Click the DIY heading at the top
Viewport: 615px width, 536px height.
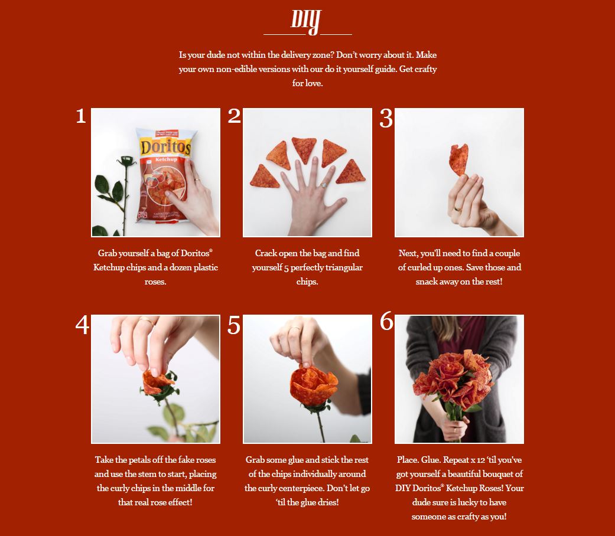[307, 21]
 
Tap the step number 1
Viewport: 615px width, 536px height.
[81, 116]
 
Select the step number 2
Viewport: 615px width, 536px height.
[234, 116]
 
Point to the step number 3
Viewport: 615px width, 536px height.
[386, 118]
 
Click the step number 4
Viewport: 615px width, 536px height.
[82, 325]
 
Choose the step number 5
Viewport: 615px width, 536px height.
[234, 325]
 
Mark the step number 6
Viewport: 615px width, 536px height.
[386, 322]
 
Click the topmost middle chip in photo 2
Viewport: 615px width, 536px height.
[304, 149]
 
